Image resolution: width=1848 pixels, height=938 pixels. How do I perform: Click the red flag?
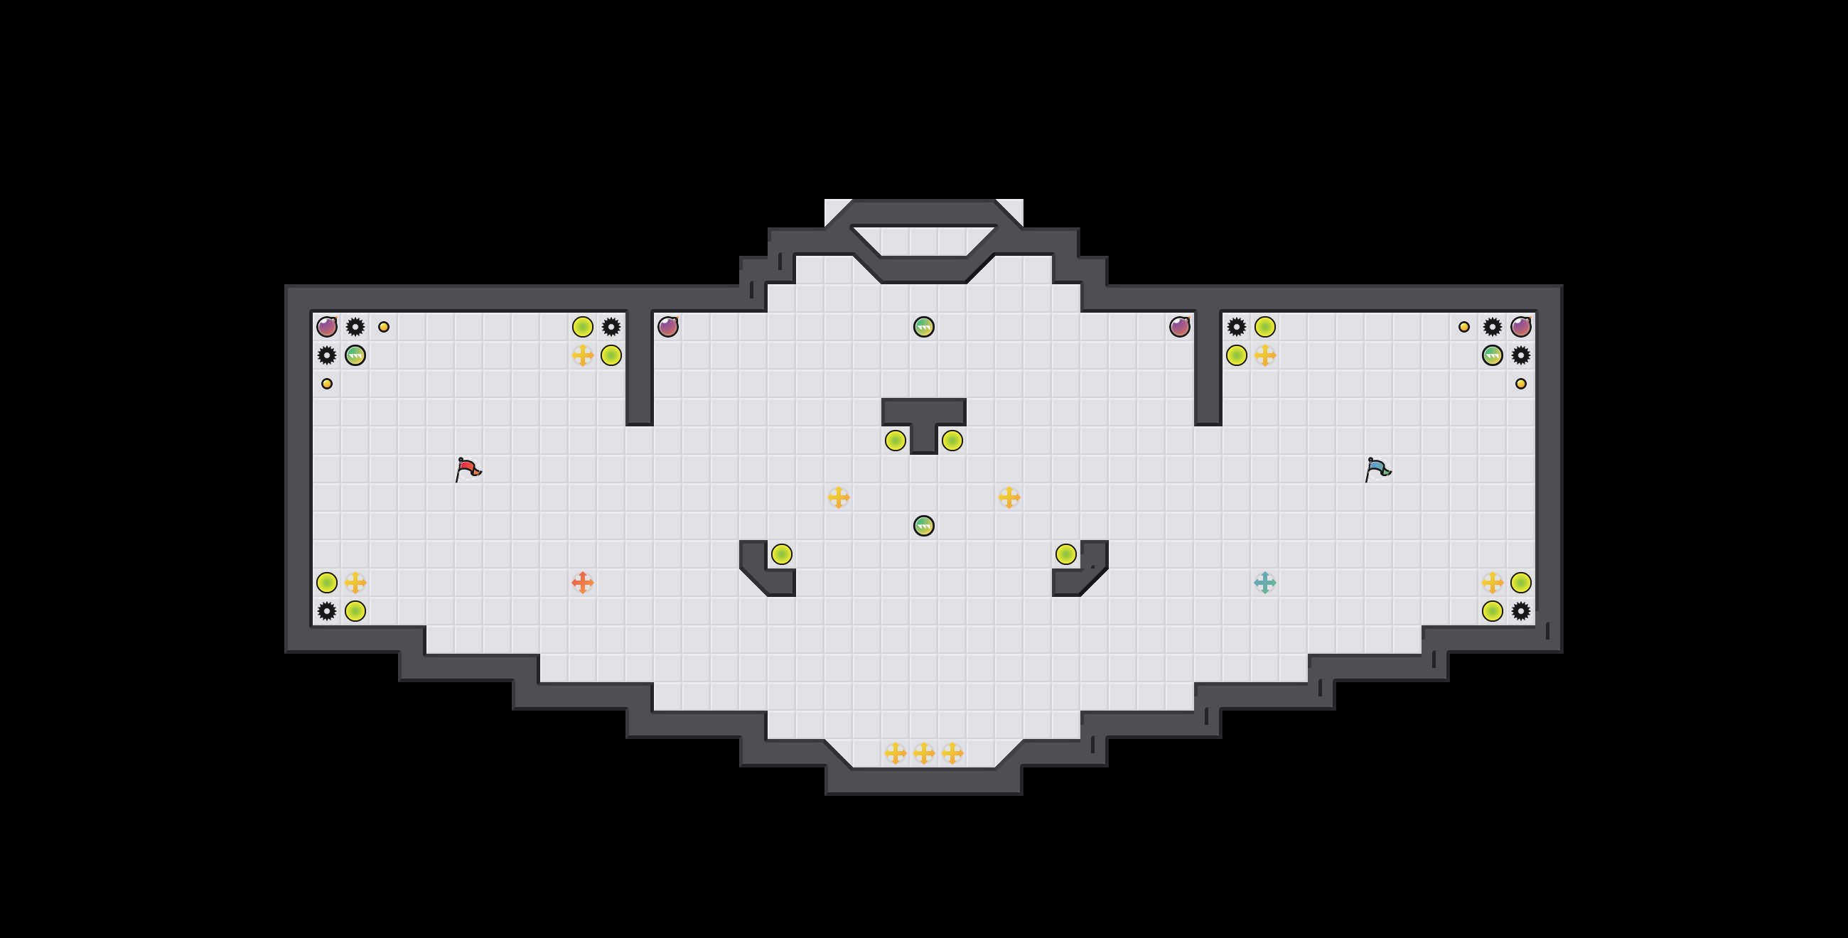pyautogui.click(x=468, y=469)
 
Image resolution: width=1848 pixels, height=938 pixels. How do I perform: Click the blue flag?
pyautogui.click(x=1377, y=469)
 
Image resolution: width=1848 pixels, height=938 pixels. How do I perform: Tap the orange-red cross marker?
pyautogui.click(x=583, y=582)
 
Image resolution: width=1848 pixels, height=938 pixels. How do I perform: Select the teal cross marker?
pyautogui.click(x=1264, y=582)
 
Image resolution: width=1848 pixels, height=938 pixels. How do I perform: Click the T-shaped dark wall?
pyautogui.click(x=923, y=413)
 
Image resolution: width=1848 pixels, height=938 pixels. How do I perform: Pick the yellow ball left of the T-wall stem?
pyautogui.click(x=896, y=441)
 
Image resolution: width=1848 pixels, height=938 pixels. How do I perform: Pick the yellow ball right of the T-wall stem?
pyautogui.click(x=952, y=441)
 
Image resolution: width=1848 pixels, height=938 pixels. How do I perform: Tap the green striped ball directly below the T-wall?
pyautogui.click(x=924, y=526)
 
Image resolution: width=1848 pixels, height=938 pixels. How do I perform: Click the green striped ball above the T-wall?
pyautogui.click(x=924, y=327)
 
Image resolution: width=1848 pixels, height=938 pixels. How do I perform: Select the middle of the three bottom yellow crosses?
pyautogui.click(x=924, y=753)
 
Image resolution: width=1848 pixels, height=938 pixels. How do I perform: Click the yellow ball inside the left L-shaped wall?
pyautogui.click(x=782, y=554)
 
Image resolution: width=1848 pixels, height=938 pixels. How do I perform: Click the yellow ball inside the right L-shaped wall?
pyautogui.click(x=1066, y=554)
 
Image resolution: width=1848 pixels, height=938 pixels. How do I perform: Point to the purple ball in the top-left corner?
pyautogui.click(x=327, y=327)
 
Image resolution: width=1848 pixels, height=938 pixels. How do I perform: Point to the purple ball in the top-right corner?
pyautogui.click(x=1521, y=327)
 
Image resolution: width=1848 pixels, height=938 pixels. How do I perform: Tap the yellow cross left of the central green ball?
pyautogui.click(x=839, y=497)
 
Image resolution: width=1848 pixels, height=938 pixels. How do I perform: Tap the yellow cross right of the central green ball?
pyautogui.click(x=1009, y=497)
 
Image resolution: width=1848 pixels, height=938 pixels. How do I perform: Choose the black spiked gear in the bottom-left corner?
pyautogui.click(x=327, y=611)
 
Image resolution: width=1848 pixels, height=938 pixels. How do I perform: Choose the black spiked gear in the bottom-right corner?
pyautogui.click(x=1521, y=611)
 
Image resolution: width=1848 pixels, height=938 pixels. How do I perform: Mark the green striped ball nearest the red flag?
pyautogui.click(x=355, y=355)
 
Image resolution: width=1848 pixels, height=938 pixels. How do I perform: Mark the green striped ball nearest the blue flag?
pyautogui.click(x=1492, y=355)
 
